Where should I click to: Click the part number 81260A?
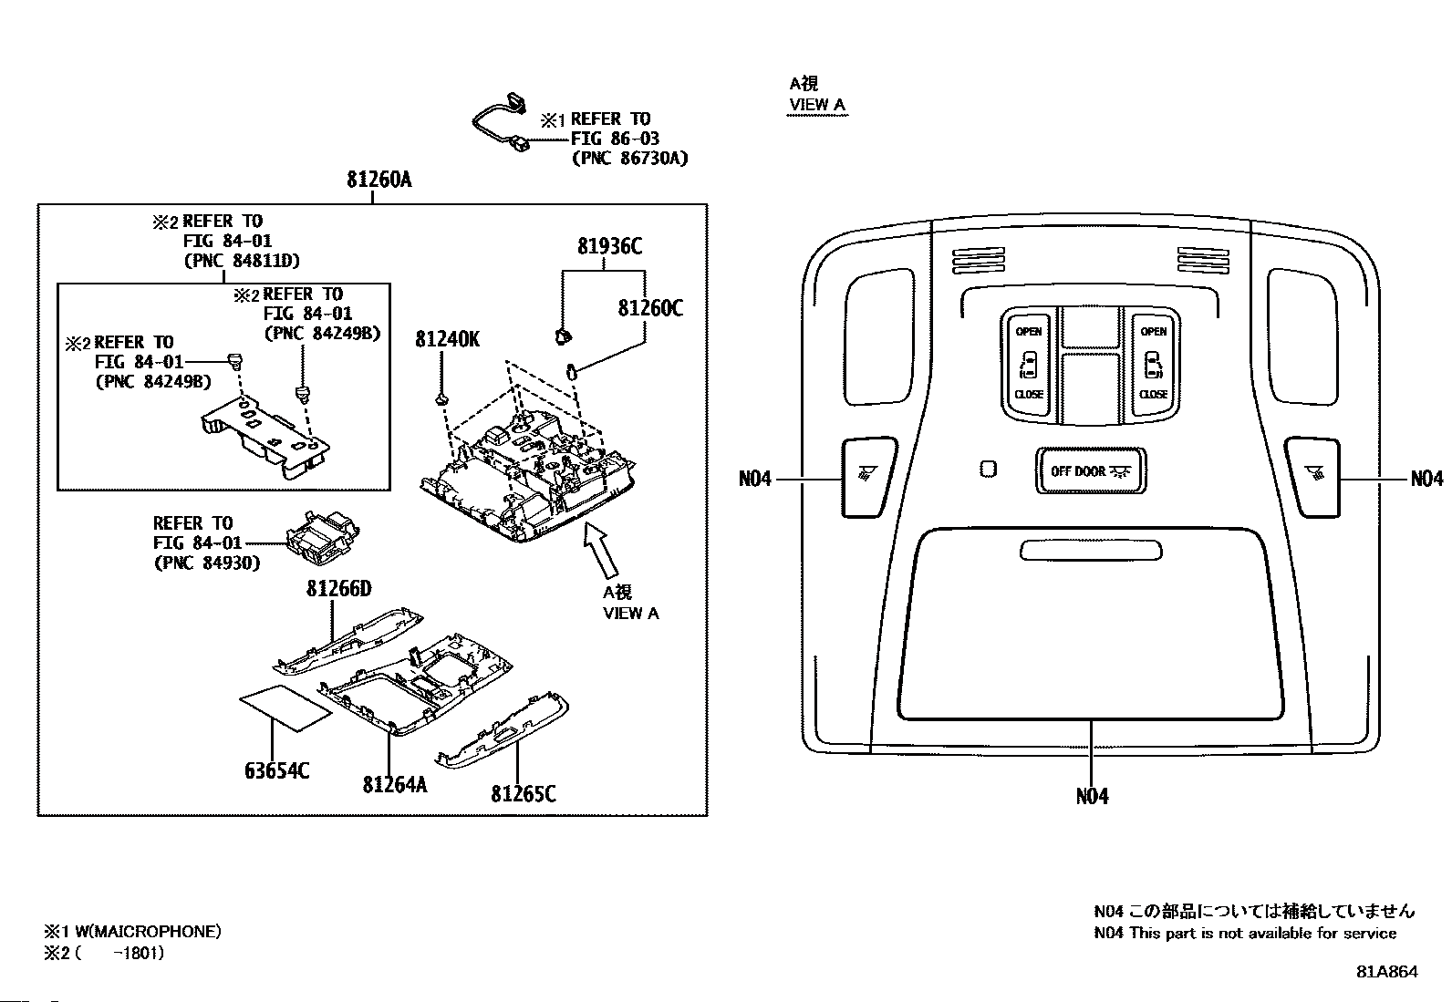point(379,180)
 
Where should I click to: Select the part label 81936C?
point(610,246)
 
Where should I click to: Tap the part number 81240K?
point(447,339)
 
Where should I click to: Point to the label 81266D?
point(339,588)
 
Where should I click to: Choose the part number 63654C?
point(276,770)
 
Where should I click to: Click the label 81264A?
point(395,785)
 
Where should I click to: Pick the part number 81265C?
point(524,794)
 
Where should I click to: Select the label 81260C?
point(650,308)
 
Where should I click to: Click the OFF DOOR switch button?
point(1091,471)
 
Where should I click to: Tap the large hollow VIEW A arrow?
point(602,551)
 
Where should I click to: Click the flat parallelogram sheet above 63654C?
point(285,708)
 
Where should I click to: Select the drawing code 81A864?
point(1386,972)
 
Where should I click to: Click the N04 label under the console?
point(1093,796)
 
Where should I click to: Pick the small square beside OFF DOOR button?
point(988,469)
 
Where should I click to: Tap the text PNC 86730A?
point(629,158)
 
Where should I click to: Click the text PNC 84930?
point(207,563)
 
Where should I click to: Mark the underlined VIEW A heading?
point(817,104)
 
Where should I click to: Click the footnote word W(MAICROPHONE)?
point(148,932)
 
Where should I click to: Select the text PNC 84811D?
point(242,261)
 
